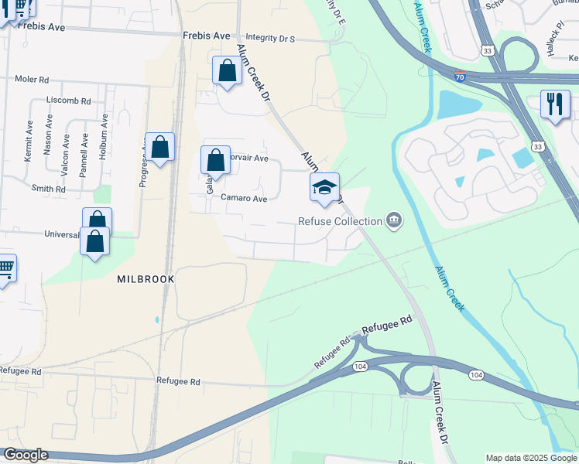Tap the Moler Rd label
[33, 80]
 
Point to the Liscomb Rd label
[69, 101]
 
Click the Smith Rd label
[49, 189]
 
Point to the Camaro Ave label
[244, 199]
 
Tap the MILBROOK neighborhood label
[143, 278]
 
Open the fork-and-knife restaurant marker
[554, 105]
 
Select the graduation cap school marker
[324, 188]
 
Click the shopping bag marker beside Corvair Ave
[216, 160]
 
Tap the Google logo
[26, 455]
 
